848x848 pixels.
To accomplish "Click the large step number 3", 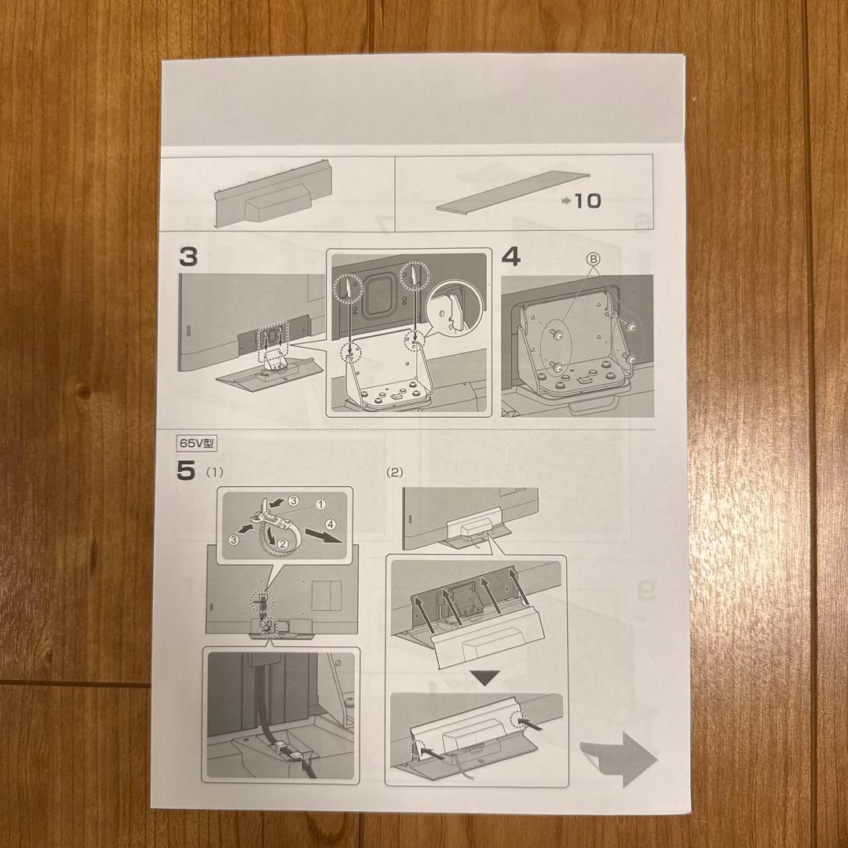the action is pyautogui.click(x=188, y=256).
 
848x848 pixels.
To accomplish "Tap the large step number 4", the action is pyautogui.click(x=511, y=256).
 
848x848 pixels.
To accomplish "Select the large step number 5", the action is pyautogui.click(x=185, y=470).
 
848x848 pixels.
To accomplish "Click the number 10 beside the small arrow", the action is pyautogui.click(x=587, y=201).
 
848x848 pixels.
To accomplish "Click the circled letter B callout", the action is pyautogui.click(x=594, y=260).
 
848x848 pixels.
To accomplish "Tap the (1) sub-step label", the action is pyautogui.click(x=214, y=472).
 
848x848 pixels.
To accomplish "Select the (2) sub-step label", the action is pyautogui.click(x=395, y=472).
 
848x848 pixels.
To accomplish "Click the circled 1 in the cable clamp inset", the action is pyautogui.click(x=320, y=504).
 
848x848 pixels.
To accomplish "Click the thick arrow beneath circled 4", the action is pyautogui.click(x=324, y=535).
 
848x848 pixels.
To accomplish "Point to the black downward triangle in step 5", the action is pyautogui.click(x=484, y=678).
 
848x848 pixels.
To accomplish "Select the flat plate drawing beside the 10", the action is pyautogui.click(x=511, y=192).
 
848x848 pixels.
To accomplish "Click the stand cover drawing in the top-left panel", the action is pyautogui.click(x=273, y=194).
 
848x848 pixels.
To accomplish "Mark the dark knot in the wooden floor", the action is pyautogui.click(x=82, y=392).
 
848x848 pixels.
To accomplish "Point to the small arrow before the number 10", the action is pyautogui.click(x=566, y=201).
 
